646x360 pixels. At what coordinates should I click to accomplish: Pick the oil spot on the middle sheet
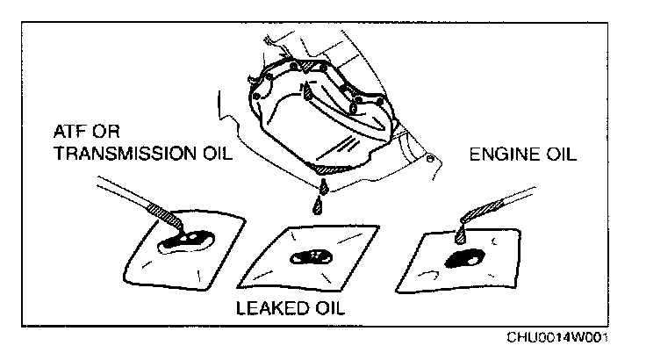(312, 256)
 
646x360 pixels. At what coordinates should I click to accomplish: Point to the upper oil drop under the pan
(323, 186)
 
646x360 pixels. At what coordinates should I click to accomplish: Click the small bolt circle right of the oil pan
(429, 160)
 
